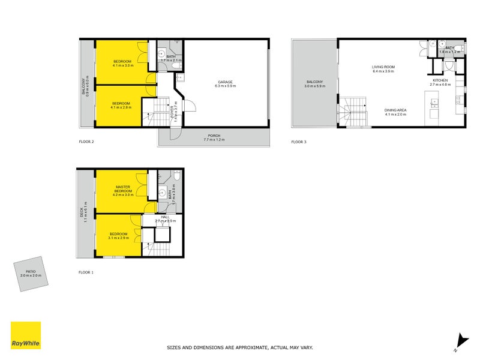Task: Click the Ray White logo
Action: pyautogui.click(x=26, y=335)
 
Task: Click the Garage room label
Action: pyautogui.click(x=225, y=84)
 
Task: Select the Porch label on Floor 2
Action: pyautogui.click(x=214, y=137)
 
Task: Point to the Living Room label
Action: pyautogui.click(x=383, y=69)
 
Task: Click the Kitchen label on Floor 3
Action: pyautogui.click(x=441, y=82)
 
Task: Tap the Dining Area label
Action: pyautogui.click(x=395, y=112)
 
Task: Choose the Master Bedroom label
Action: pyautogui.click(x=123, y=189)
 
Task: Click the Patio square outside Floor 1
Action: pyautogui.click(x=32, y=274)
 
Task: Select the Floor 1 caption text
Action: pyautogui.click(x=86, y=272)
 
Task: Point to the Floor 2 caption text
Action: pyautogui.click(x=87, y=142)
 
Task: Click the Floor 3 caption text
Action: pyautogui.click(x=299, y=142)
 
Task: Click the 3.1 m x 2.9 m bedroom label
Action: pyautogui.click(x=118, y=236)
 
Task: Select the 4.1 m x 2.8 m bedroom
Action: pyautogui.click(x=120, y=106)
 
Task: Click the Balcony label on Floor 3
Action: pyautogui.click(x=314, y=84)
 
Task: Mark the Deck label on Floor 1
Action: pyautogui.click(x=85, y=214)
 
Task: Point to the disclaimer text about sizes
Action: pyautogui.click(x=239, y=347)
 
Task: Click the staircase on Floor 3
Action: pyautogui.click(x=353, y=112)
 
